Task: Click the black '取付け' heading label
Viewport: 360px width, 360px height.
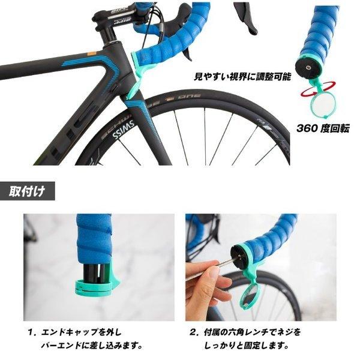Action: pos(27,192)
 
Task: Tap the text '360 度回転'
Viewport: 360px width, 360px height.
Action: pos(322,128)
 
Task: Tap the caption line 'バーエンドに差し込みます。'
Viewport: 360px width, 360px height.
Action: pos(90,346)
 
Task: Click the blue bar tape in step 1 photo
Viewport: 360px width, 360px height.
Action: pos(94,238)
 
